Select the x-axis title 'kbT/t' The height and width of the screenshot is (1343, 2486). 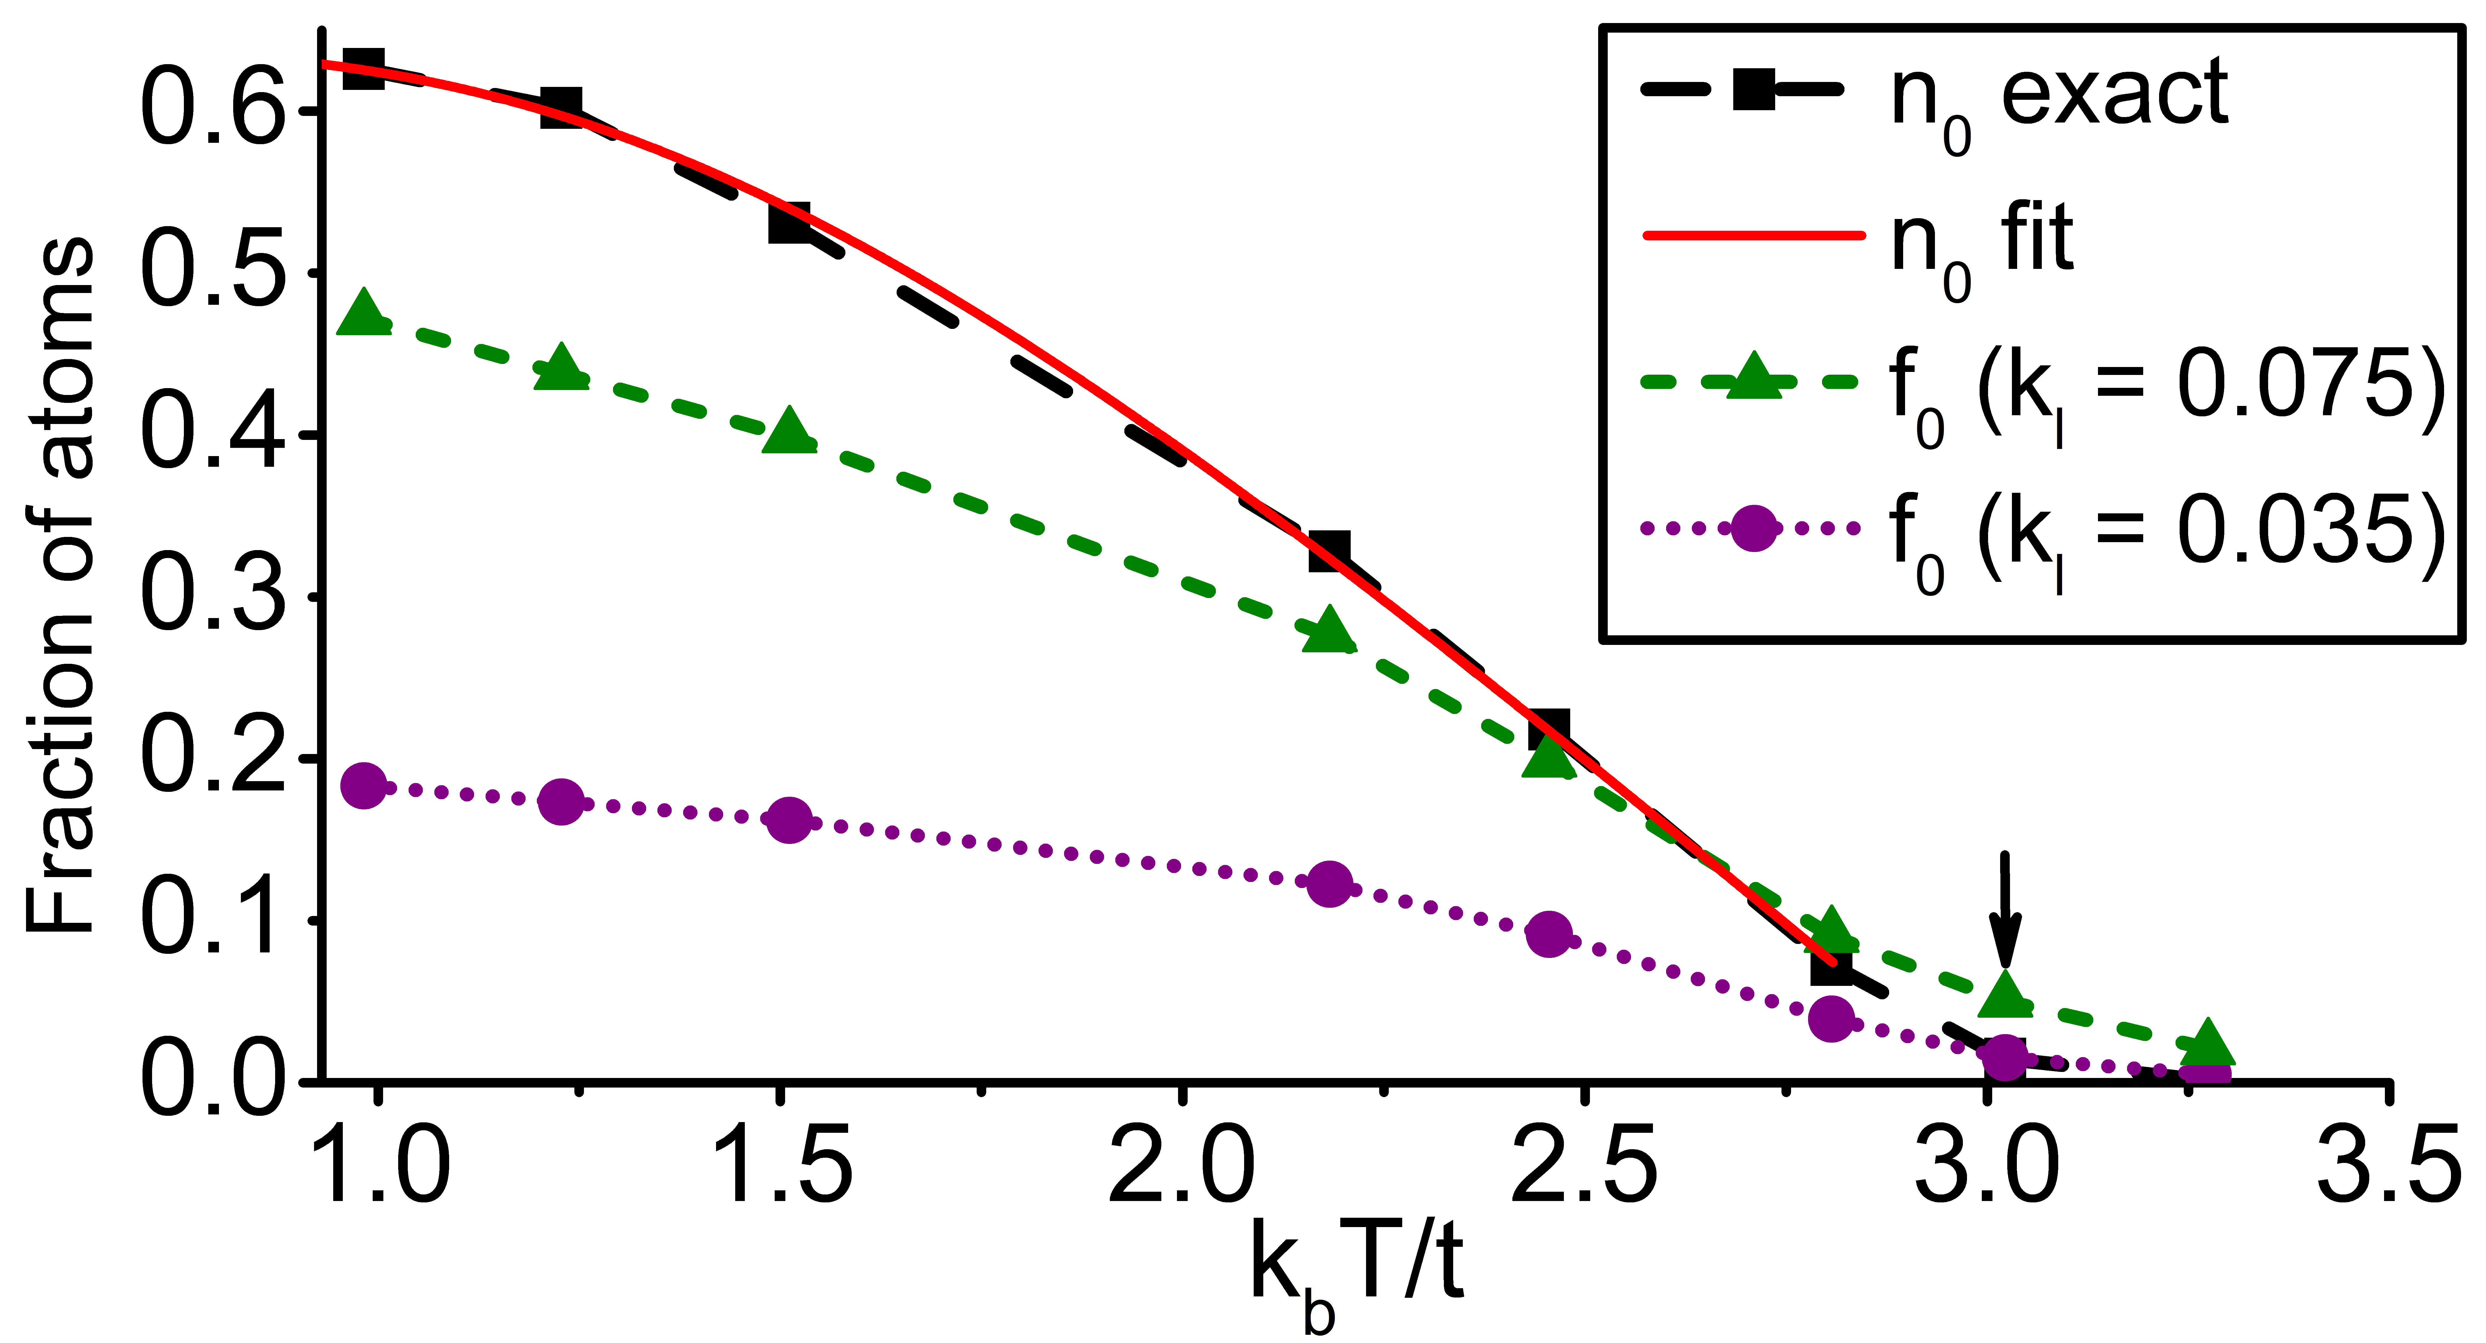click(x=1356, y=1270)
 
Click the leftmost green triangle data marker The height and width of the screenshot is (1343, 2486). click(x=364, y=314)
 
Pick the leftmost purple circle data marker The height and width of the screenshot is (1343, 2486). click(x=364, y=785)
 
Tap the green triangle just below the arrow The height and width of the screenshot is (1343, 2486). click(x=2005, y=994)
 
